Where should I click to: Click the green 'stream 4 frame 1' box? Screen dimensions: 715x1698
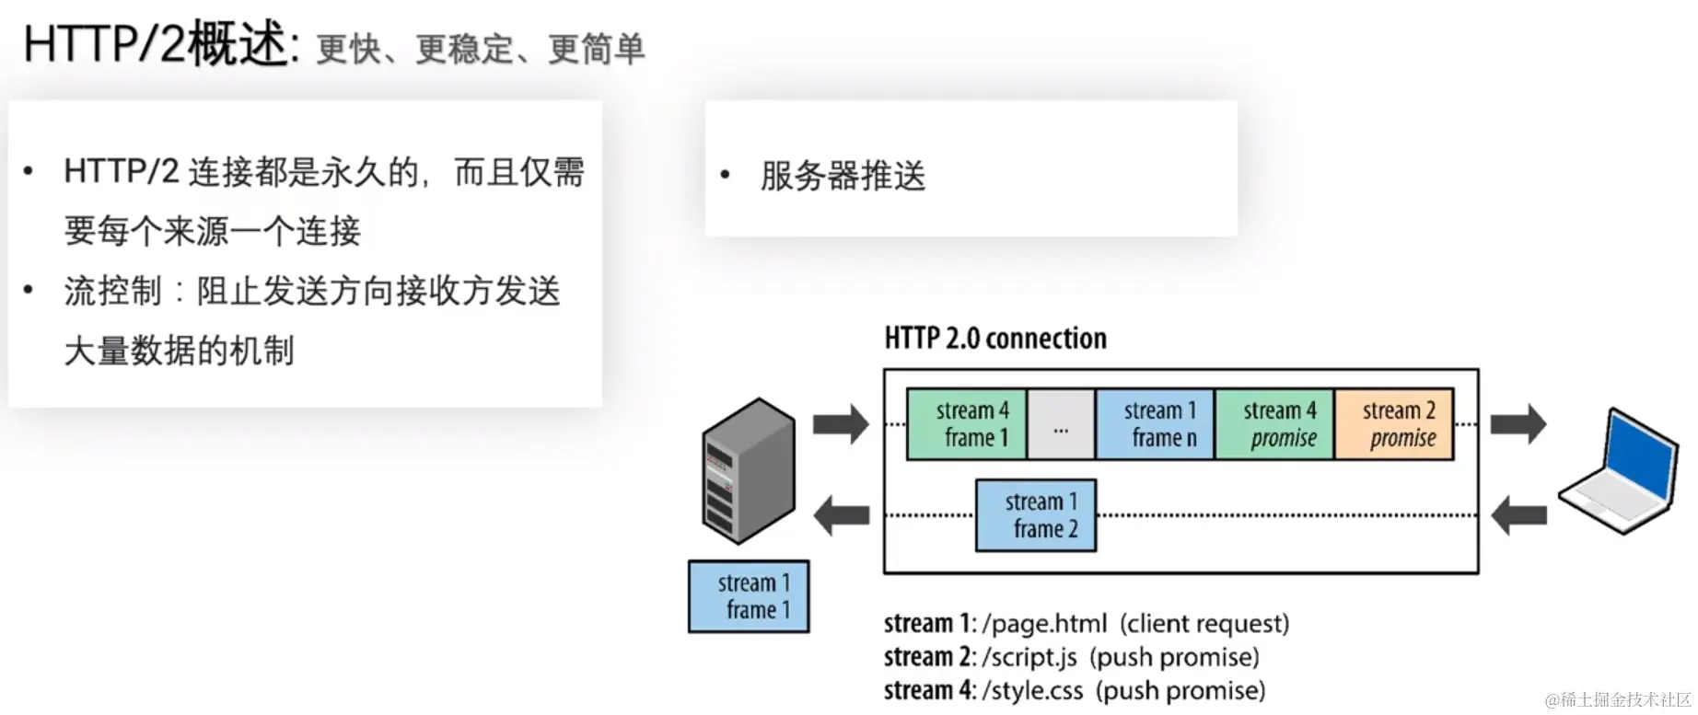pyautogui.click(x=967, y=424)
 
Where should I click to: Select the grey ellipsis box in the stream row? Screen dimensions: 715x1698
pyautogui.click(x=1061, y=424)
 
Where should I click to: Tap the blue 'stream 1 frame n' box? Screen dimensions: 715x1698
pyautogui.click(x=1155, y=424)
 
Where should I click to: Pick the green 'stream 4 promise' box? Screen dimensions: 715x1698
pyautogui.click(x=1274, y=424)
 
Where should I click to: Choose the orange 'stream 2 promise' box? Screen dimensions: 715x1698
pyautogui.click(x=1394, y=424)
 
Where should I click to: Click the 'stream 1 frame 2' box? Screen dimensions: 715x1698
pyautogui.click(x=1036, y=515)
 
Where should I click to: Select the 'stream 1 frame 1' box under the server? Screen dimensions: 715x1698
pyautogui.click(x=749, y=596)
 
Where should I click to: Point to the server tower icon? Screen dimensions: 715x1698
pyautogui.click(x=748, y=469)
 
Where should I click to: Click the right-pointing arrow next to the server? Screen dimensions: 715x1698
pyautogui.click(x=841, y=424)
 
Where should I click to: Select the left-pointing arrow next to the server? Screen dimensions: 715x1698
pyautogui.click(x=842, y=515)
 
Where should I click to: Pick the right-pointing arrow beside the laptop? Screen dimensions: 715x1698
pyautogui.click(x=1518, y=424)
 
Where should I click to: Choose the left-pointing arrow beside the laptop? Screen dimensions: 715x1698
pyautogui.click(x=1518, y=515)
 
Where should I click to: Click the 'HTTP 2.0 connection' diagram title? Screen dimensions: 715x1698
pyautogui.click(x=994, y=339)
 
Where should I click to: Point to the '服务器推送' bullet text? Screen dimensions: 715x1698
pyautogui.click(x=842, y=175)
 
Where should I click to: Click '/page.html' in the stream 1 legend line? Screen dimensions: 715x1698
pyautogui.click(x=1044, y=624)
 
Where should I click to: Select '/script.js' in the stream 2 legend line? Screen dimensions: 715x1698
pyautogui.click(x=1029, y=657)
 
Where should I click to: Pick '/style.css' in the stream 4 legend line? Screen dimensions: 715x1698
pyautogui.click(x=1032, y=690)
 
